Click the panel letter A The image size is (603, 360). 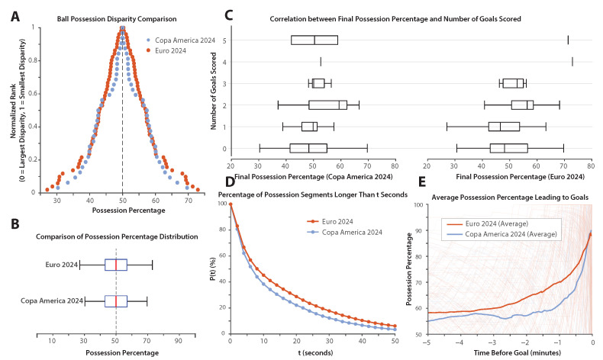(15, 17)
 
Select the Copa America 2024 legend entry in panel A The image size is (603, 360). (181, 40)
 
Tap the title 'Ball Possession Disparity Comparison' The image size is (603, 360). (117, 19)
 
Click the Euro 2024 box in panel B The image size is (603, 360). (116, 265)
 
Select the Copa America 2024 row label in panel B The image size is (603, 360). (52, 301)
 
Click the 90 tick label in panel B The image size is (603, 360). (179, 341)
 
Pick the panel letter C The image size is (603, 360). (228, 15)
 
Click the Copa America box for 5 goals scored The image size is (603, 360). (314, 40)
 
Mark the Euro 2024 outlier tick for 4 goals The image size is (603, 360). (572, 62)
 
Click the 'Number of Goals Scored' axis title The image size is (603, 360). (214, 91)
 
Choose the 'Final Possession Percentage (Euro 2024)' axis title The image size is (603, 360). (520, 177)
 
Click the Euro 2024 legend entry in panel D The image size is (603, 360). (330, 221)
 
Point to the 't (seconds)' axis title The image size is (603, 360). (315, 352)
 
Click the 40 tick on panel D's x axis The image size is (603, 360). (362, 341)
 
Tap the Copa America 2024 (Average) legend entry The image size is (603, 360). (501, 234)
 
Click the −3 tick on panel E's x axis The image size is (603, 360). (492, 342)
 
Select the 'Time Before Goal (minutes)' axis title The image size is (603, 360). (518, 352)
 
